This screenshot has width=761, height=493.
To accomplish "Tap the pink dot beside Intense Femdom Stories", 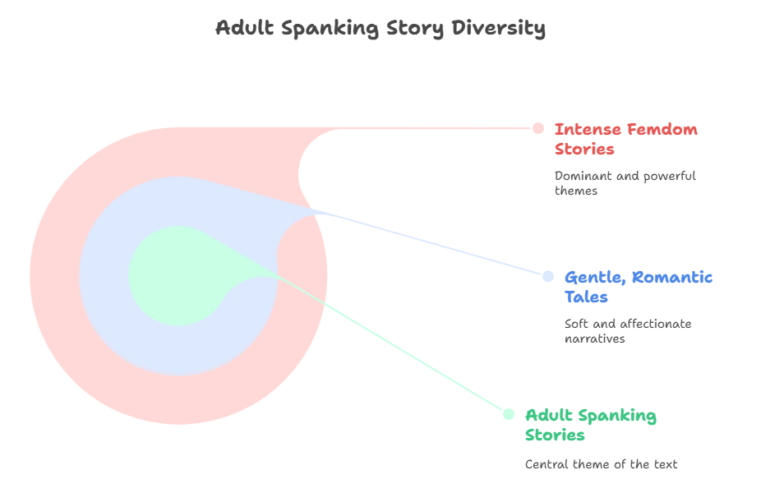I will [x=538, y=128].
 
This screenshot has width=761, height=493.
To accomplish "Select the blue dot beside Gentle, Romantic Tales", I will [x=548, y=276].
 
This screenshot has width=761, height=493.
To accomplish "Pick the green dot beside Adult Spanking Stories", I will [x=509, y=414].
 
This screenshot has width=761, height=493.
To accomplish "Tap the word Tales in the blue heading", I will [x=586, y=297].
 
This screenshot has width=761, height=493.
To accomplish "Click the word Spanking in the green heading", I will [x=617, y=416].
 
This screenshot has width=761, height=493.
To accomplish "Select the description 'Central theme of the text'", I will [x=601, y=464].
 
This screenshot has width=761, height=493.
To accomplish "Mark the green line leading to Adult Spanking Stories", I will [x=394, y=344].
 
